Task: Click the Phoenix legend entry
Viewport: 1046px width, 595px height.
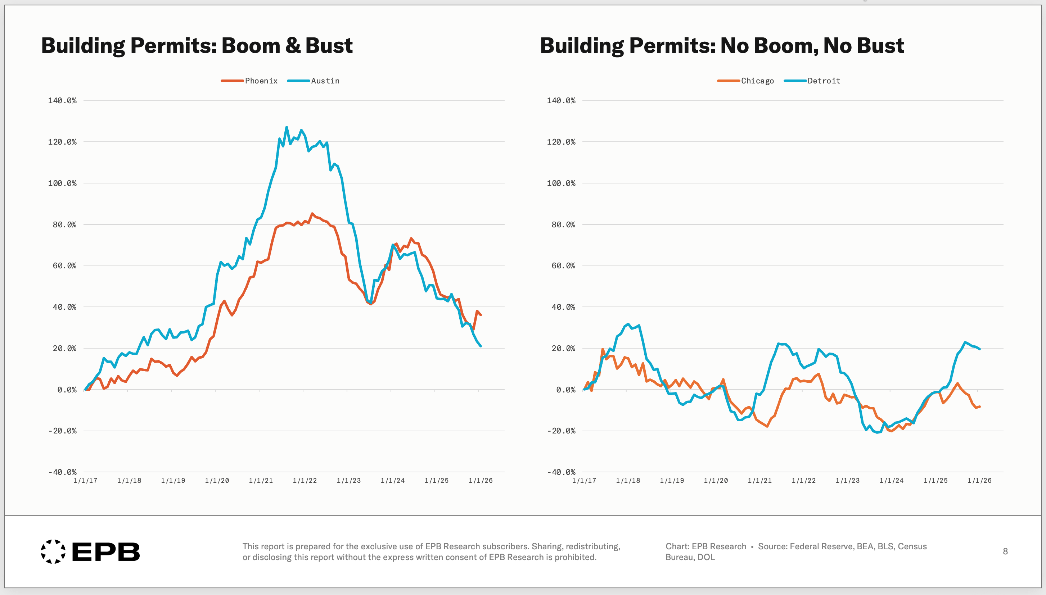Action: click(x=249, y=81)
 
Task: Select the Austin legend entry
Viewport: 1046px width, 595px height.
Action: click(x=313, y=81)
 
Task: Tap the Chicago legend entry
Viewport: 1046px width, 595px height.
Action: click(x=745, y=81)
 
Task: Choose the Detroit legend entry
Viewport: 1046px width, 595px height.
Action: click(x=812, y=81)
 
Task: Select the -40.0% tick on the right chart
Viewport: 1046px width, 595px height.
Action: click(x=561, y=472)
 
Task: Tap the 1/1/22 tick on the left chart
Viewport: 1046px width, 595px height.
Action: click(x=305, y=481)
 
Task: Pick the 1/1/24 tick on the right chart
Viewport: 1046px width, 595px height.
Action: click(x=892, y=481)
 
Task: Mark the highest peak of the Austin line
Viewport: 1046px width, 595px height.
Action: click(x=287, y=127)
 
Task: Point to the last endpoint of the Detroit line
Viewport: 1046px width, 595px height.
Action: click(x=980, y=349)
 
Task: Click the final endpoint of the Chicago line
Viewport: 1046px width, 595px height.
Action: click(x=980, y=406)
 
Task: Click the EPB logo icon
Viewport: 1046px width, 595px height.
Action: click(x=53, y=552)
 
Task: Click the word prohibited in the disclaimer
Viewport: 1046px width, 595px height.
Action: click(x=576, y=557)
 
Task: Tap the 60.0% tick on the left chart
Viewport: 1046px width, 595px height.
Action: click(x=64, y=265)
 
